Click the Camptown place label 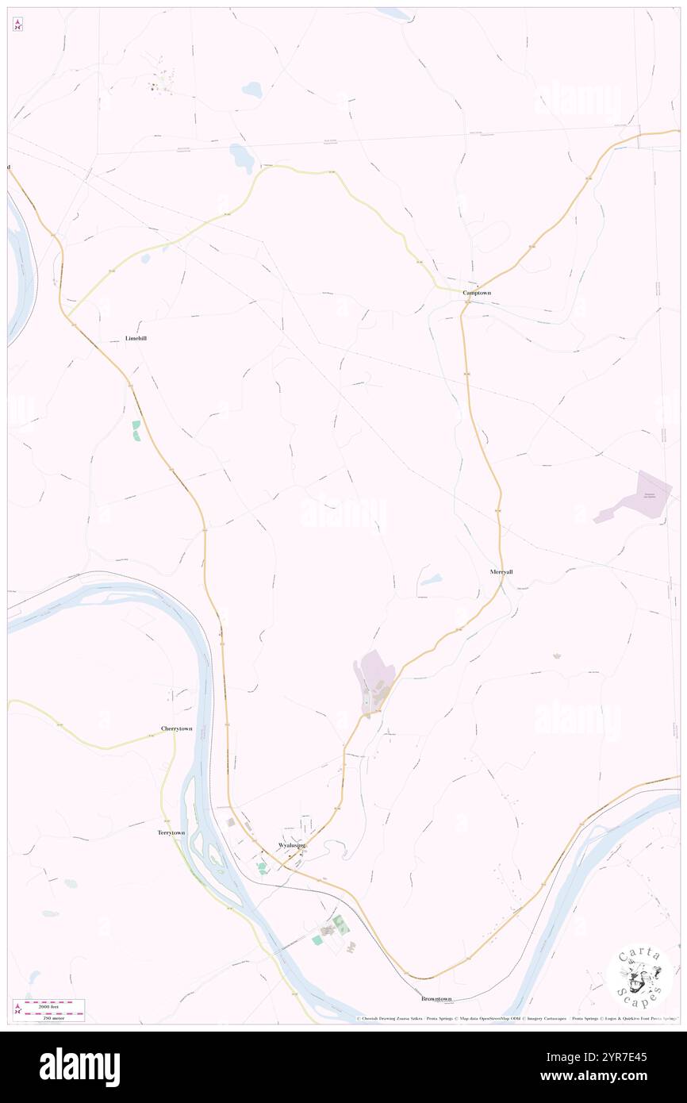(x=477, y=293)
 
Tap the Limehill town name (x=136, y=338)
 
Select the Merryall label (x=501, y=571)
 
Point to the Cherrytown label (x=176, y=728)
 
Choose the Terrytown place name (x=171, y=832)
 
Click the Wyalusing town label (x=291, y=845)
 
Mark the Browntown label (x=436, y=998)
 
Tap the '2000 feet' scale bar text (x=54, y=1005)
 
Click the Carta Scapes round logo (x=639, y=976)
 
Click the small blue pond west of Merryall (x=431, y=580)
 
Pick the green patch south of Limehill (x=136, y=430)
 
